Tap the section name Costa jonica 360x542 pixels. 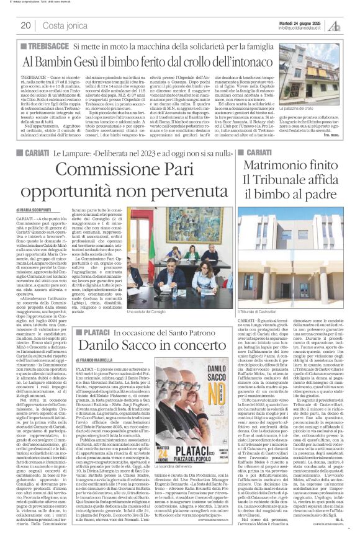click(x=63, y=25)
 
